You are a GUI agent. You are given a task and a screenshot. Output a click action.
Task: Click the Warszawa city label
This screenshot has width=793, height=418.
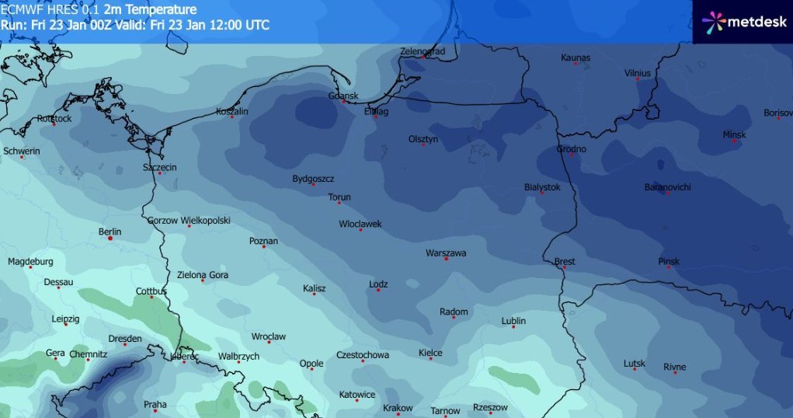[446, 253]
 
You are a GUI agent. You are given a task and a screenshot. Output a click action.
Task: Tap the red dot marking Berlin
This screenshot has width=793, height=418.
[110, 239]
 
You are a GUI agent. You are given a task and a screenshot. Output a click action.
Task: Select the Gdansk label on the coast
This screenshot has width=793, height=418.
[343, 96]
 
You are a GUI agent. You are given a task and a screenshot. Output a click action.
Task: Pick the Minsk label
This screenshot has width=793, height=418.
[734, 134]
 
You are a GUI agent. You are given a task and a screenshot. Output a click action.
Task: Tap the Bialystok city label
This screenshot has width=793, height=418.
[542, 187]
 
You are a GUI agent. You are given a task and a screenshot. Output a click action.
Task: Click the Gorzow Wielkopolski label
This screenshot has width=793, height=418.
[189, 221]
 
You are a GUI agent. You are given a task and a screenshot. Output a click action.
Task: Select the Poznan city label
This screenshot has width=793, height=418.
[263, 241]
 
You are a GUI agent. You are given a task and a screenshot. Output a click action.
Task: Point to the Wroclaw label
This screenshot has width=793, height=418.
[269, 336]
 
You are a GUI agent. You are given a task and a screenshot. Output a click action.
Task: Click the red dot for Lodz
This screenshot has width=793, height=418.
[378, 291]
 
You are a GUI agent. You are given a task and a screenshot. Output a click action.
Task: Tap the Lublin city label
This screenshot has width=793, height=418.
[513, 320]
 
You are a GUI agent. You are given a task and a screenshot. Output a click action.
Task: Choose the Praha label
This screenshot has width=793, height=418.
[155, 404]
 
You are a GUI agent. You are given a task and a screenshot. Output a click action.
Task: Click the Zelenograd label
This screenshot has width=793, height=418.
[423, 51]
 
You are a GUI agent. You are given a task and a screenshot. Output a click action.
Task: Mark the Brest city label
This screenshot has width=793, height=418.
[565, 262]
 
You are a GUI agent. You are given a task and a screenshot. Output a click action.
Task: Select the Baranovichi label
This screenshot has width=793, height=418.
[667, 187]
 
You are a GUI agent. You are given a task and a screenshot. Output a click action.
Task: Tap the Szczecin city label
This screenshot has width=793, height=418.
[160, 167]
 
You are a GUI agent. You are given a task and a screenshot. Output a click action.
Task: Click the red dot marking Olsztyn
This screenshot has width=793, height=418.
[423, 145]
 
